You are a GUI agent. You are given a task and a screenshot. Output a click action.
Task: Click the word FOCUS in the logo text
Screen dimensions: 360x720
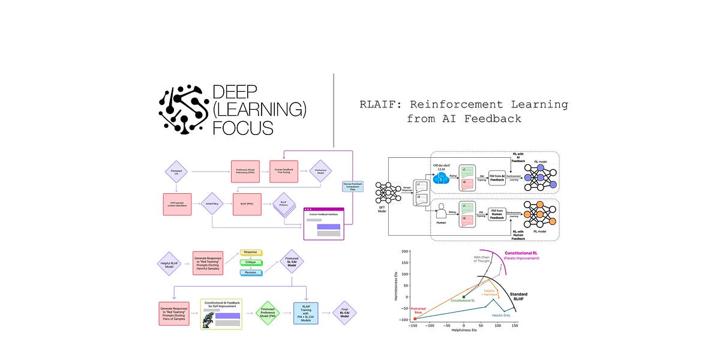[x=244, y=128]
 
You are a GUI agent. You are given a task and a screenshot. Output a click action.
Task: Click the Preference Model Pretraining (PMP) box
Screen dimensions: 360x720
[x=247, y=171]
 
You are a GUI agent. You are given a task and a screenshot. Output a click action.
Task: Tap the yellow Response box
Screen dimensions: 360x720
[x=252, y=253]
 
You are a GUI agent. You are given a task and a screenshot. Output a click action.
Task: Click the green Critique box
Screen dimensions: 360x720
[x=252, y=262]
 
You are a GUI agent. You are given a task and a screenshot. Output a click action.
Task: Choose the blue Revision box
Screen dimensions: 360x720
[x=252, y=272]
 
